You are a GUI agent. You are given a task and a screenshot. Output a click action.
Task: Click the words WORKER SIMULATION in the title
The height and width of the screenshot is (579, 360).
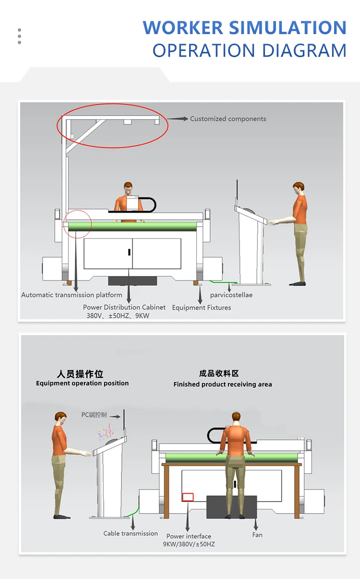(x=244, y=28)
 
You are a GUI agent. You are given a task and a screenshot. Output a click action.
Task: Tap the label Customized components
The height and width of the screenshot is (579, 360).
(x=228, y=119)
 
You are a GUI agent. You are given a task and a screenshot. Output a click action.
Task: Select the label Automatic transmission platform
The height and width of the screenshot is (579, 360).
(x=72, y=295)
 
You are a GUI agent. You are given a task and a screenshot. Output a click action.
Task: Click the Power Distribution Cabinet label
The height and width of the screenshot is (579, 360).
(x=124, y=307)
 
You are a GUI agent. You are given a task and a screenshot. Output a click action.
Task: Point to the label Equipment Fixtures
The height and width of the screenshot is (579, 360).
(x=202, y=308)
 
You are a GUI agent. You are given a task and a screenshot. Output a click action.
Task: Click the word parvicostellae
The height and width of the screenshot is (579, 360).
(x=231, y=295)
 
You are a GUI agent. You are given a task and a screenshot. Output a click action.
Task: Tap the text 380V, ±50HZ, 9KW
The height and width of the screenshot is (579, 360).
(x=118, y=315)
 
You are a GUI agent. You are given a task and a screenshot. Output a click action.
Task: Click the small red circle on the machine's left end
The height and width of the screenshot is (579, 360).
(x=77, y=224)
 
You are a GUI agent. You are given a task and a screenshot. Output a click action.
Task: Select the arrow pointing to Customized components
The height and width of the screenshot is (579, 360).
(x=178, y=118)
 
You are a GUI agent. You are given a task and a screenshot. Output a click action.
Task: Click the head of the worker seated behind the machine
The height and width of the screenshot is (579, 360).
(x=128, y=187)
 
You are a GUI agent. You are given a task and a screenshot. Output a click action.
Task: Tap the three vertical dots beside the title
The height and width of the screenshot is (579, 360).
(x=19, y=36)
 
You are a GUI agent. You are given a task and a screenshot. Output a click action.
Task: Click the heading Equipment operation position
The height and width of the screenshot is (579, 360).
(x=83, y=383)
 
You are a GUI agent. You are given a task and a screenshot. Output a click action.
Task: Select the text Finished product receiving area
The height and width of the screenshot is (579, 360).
(x=223, y=384)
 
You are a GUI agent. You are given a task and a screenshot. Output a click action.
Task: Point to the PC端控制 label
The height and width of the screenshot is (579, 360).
(x=94, y=414)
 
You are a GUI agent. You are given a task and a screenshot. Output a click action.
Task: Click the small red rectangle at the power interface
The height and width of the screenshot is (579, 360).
(x=188, y=497)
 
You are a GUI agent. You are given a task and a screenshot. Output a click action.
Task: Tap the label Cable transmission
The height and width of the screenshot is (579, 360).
(x=131, y=533)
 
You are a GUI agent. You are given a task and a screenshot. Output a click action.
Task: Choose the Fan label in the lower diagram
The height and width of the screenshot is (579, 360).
(x=257, y=535)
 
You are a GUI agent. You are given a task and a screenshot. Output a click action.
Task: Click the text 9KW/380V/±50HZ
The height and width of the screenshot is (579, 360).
(x=189, y=544)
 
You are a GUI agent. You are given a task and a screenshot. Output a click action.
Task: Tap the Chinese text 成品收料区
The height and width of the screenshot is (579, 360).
(x=219, y=373)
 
